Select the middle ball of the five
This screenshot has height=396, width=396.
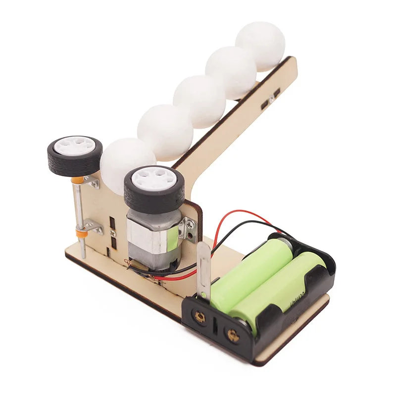point(199,101)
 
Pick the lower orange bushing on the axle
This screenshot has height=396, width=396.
point(81,231)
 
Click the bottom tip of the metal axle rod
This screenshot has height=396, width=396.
point(83,254)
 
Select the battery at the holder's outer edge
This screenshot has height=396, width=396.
point(280,287)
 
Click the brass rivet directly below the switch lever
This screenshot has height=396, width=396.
point(200,317)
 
